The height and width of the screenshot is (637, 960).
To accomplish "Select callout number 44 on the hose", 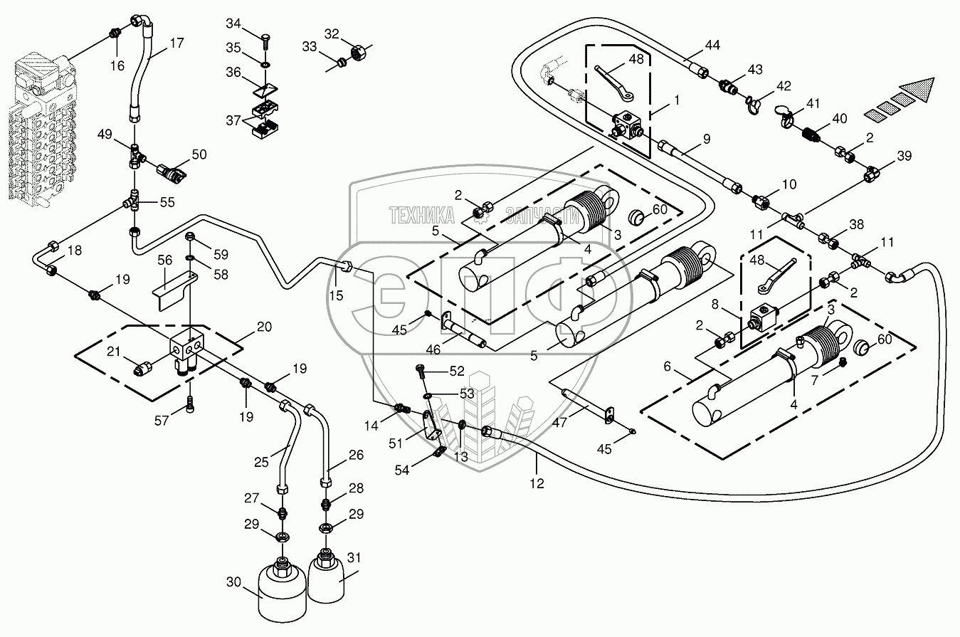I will [712, 45].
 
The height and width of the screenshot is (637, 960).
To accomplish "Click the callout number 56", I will [164, 260].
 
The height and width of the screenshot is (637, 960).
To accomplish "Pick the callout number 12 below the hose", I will [537, 483].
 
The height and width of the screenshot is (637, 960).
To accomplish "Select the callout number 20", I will [263, 327].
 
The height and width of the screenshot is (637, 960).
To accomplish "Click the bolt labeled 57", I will [189, 406].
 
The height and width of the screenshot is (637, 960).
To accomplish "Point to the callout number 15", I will [336, 294].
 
